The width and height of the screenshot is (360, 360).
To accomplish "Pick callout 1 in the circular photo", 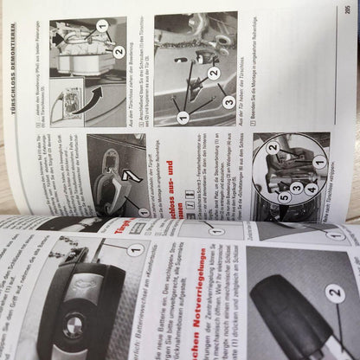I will [x=319, y=161].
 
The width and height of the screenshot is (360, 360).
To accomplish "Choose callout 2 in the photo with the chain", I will [x=213, y=74].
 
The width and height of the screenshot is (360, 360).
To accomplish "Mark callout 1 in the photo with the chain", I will [x=181, y=115].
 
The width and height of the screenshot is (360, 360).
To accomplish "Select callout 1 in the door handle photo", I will [x=143, y=211].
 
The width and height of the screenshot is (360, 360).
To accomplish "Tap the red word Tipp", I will [x=122, y=228].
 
